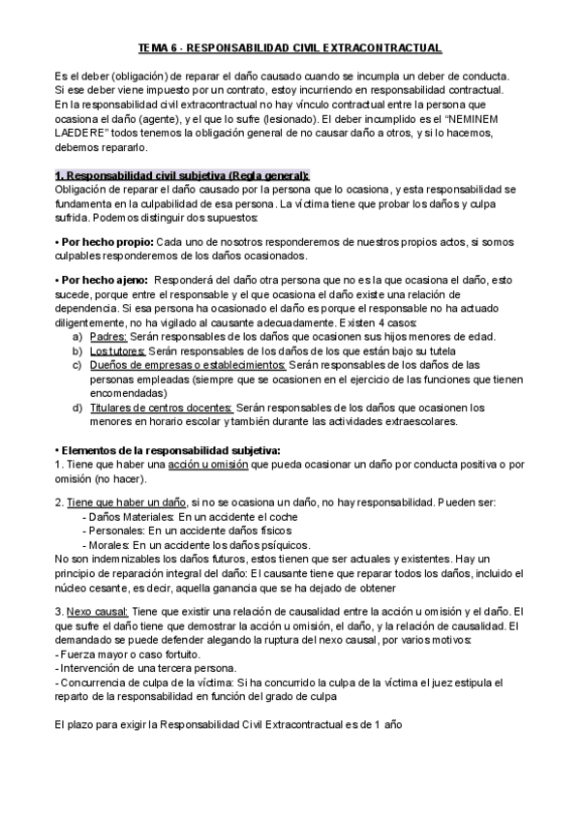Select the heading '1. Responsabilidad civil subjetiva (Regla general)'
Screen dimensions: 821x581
182,175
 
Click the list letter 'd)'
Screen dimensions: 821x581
77,408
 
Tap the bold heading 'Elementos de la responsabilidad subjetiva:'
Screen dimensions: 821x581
172,450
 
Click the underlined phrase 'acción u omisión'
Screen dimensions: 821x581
207,465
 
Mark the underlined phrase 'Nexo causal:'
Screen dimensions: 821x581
96,612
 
